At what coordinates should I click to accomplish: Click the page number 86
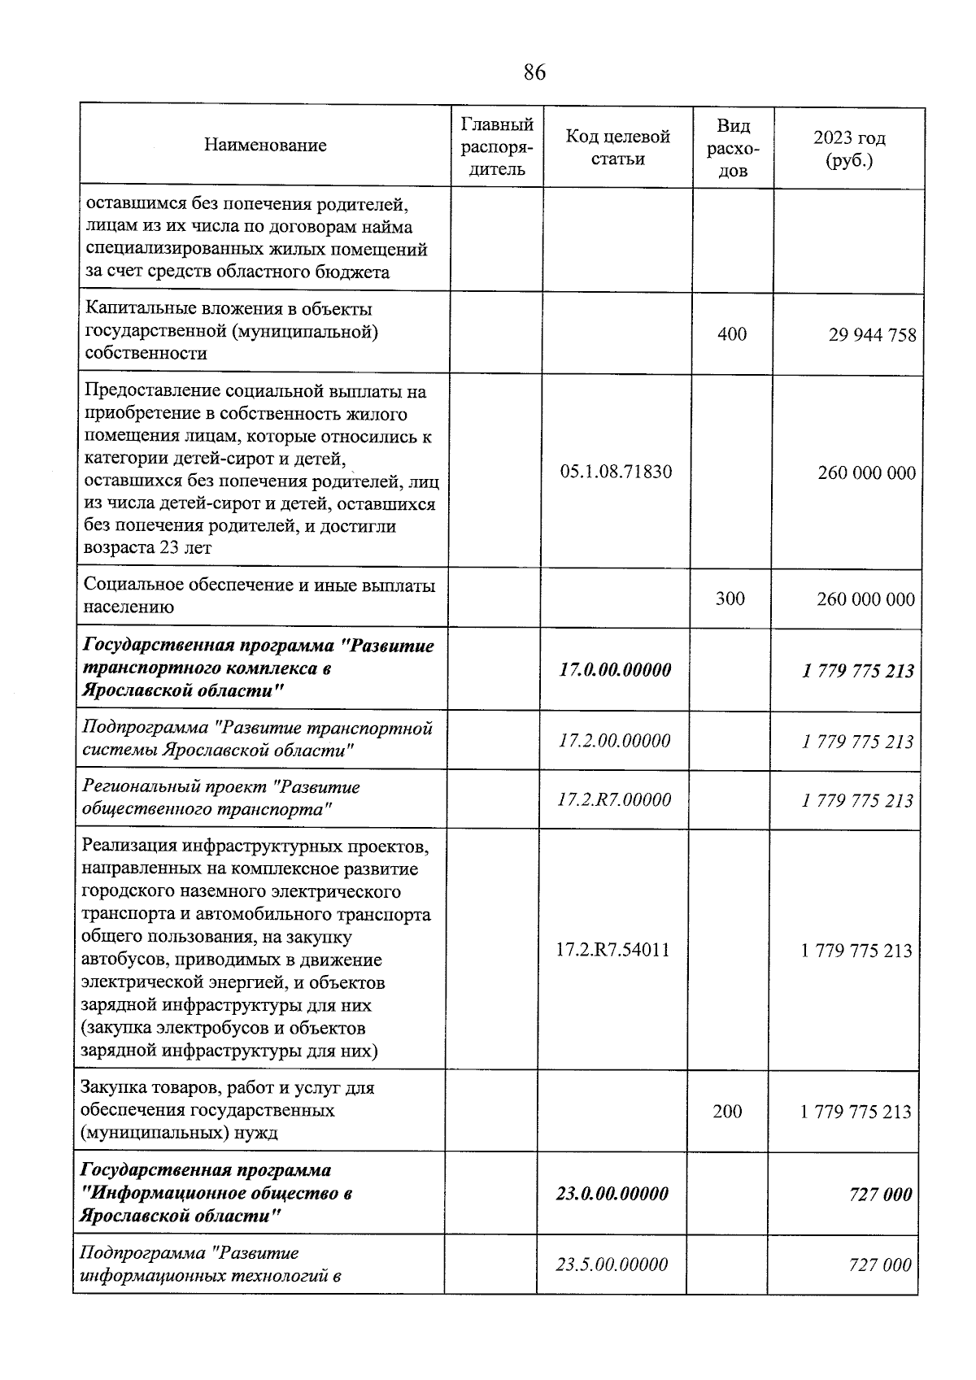(x=534, y=73)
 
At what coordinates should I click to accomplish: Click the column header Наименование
(x=265, y=146)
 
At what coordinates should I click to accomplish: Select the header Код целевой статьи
(x=617, y=147)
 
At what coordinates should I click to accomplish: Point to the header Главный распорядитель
(x=496, y=147)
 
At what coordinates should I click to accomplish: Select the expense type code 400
(x=732, y=334)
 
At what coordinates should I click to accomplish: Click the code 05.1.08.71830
(x=617, y=472)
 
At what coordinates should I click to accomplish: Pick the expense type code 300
(x=730, y=599)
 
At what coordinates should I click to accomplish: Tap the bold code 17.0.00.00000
(x=616, y=670)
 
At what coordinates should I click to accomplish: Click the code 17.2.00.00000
(x=615, y=741)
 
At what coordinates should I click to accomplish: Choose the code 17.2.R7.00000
(x=614, y=799)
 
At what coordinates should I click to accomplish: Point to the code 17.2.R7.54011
(x=612, y=950)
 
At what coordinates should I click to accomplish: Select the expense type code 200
(x=727, y=1111)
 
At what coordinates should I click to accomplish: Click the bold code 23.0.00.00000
(x=612, y=1193)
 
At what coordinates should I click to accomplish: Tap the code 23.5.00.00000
(x=612, y=1265)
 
